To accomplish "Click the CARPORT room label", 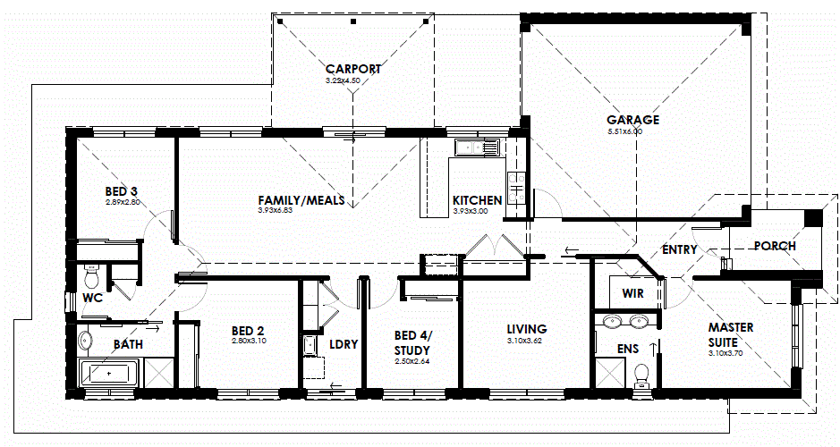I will [x=353, y=69].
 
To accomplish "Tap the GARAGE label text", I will [x=632, y=120].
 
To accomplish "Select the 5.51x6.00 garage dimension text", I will [x=624, y=131].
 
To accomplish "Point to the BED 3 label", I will [x=121, y=191].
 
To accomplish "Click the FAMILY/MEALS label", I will [x=301, y=200].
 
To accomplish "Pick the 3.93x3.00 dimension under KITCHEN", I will [x=470, y=212].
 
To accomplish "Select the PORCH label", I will [x=775, y=246].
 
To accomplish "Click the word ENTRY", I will [x=679, y=249].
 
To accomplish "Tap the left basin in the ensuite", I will [x=613, y=321].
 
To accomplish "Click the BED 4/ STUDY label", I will [x=413, y=342].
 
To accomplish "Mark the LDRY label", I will [x=344, y=344].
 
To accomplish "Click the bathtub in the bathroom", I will [x=109, y=371].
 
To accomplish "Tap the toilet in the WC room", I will [x=90, y=272].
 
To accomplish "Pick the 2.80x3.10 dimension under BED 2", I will [x=248, y=341].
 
